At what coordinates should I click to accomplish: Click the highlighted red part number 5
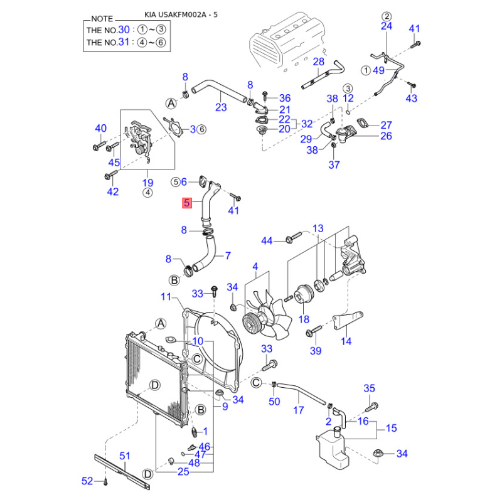click(187, 203)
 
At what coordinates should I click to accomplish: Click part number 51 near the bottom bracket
click(125, 456)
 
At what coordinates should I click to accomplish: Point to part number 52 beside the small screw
click(87, 481)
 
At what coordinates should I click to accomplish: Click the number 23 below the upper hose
click(221, 107)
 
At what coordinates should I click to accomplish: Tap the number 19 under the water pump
click(147, 183)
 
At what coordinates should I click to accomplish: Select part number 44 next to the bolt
click(267, 241)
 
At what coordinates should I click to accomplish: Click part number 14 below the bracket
click(346, 341)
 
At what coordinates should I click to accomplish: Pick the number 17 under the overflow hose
click(299, 410)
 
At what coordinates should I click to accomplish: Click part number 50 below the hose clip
click(274, 401)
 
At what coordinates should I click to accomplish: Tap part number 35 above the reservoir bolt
click(369, 388)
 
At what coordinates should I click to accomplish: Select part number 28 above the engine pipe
click(319, 61)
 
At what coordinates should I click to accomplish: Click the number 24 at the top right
click(387, 26)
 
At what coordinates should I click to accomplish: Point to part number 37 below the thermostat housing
click(334, 164)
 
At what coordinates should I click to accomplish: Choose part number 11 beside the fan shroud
click(166, 296)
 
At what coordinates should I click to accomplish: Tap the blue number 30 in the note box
click(124, 30)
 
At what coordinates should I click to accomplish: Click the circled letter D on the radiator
click(154, 384)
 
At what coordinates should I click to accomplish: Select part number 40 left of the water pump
click(101, 129)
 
